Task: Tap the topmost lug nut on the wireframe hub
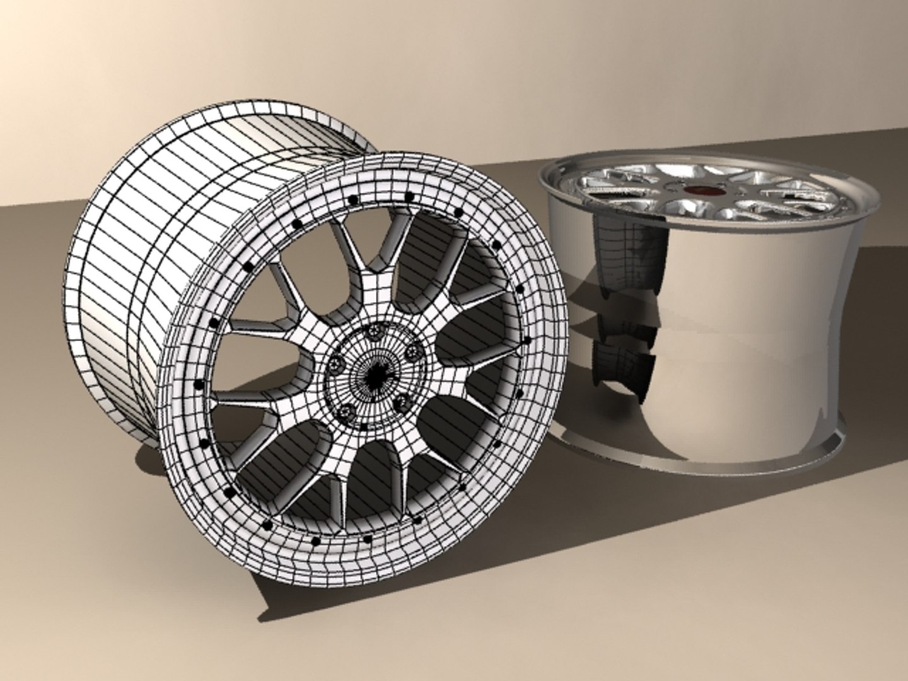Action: click(x=378, y=330)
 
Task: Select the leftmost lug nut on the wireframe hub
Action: click(x=336, y=364)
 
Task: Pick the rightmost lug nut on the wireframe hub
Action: click(x=413, y=351)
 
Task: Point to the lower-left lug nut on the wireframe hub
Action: click(x=348, y=410)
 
